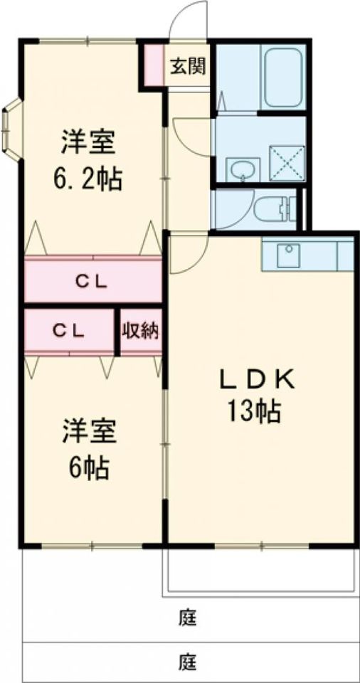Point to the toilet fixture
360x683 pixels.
276,208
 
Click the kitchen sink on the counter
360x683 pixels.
288,254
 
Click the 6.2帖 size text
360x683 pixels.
89,178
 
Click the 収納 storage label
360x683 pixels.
140,331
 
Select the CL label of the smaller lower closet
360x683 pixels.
70,331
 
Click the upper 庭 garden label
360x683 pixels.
187,616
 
